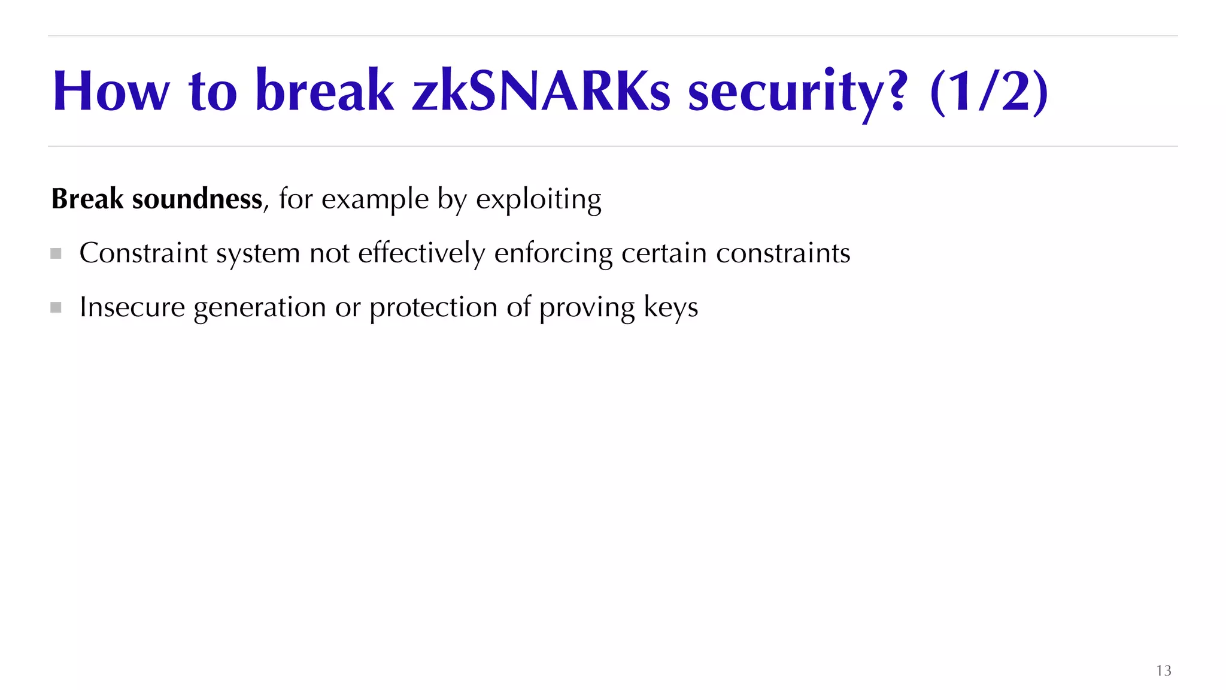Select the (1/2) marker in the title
[x=989, y=91]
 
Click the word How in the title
[x=111, y=91]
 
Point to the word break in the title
[x=324, y=91]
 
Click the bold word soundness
[x=197, y=199]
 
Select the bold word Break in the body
[x=87, y=199]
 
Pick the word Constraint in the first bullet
[x=144, y=253]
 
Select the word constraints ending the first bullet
[x=783, y=253]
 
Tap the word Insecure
[x=132, y=307]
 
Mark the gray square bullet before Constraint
[x=56, y=253]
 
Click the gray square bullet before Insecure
[x=56, y=307]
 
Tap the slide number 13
[x=1163, y=670]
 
